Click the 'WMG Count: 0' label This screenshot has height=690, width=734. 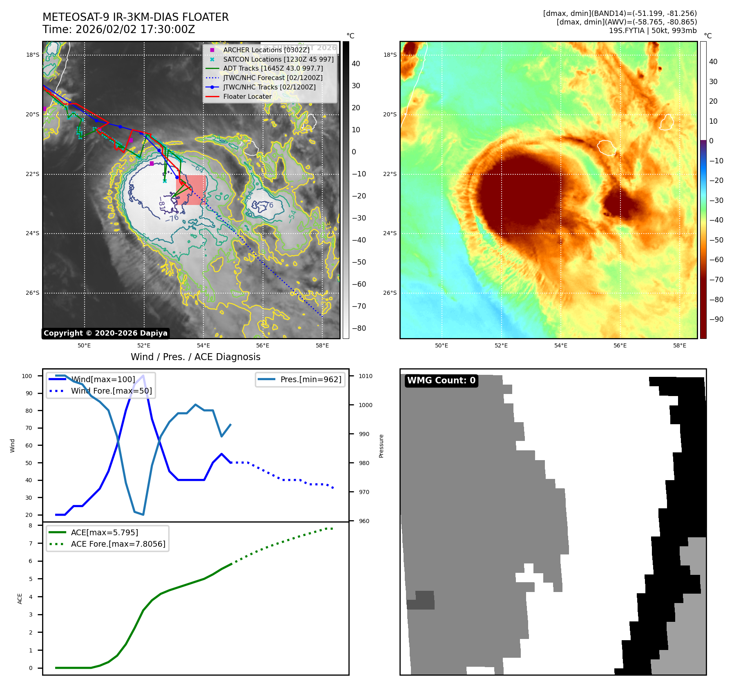coord(441,381)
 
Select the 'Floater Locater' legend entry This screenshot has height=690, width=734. coord(247,96)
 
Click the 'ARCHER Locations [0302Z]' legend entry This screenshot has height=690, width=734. coord(266,50)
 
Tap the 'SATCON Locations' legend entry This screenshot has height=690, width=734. coord(278,59)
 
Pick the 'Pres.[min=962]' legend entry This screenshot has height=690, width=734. coord(310,379)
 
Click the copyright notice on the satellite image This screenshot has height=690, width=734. coord(105,333)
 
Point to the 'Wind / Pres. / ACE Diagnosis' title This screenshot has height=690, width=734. coord(195,357)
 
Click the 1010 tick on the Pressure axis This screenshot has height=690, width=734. coord(366,376)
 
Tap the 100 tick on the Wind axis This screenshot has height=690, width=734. coord(27,376)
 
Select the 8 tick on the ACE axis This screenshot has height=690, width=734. coord(30,525)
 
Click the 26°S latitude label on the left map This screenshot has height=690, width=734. coord(33,293)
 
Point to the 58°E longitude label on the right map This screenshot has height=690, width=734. coord(679,345)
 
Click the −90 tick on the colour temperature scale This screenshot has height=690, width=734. coord(716,319)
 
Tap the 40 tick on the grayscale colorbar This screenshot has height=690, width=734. coord(356,64)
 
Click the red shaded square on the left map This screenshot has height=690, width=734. coord(191,190)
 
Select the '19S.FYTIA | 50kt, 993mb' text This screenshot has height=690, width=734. coord(652,31)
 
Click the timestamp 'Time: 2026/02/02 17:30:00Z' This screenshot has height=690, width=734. coord(119,29)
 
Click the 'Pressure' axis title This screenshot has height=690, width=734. coord(381,446)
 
